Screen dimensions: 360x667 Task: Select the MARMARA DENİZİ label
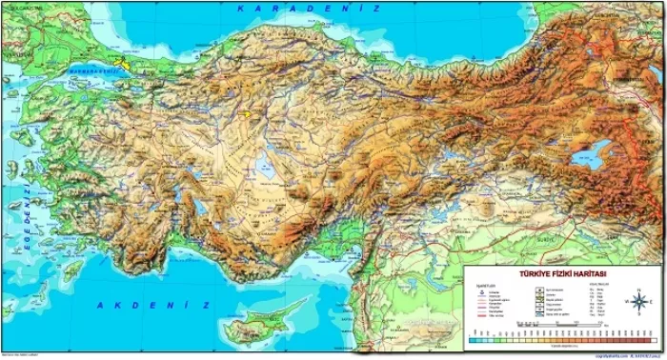pyautogui.click(x=98, y=70)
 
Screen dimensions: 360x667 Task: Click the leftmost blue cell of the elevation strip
pyautogui.click(x=473, y=339)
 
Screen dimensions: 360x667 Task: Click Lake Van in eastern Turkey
pyautogui.click(x=592, y=155)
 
